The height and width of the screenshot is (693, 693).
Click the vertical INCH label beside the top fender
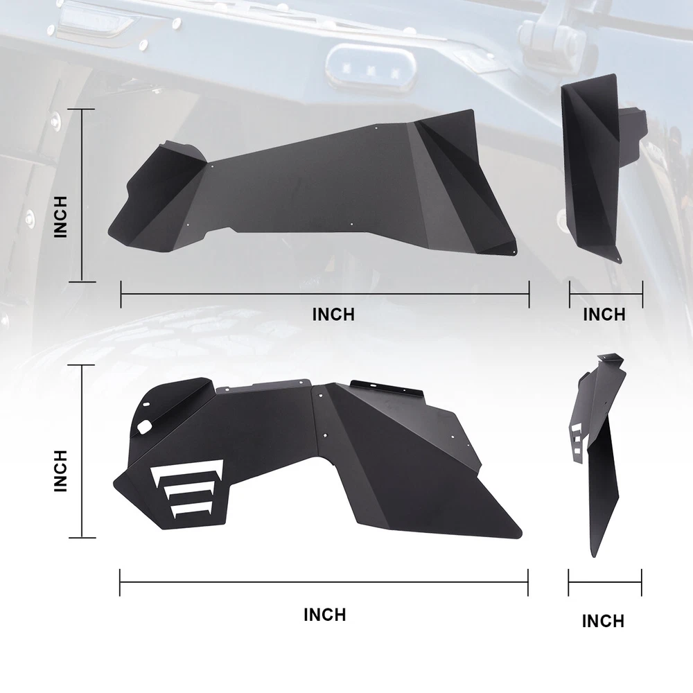[60, 217]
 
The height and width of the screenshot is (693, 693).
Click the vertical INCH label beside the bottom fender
[60, 471]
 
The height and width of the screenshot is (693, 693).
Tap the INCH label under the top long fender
[333, 315]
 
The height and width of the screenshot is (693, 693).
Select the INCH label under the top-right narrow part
[604, 315]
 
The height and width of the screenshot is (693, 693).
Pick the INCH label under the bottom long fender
[325, 615]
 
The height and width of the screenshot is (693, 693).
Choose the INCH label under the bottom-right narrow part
[604, 621]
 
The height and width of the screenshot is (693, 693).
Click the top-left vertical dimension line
[82, 195]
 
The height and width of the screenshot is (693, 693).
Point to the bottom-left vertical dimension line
[82, 451]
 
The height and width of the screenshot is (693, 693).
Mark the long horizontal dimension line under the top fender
[325, 294]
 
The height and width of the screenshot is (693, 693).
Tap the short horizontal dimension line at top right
[606, 294]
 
